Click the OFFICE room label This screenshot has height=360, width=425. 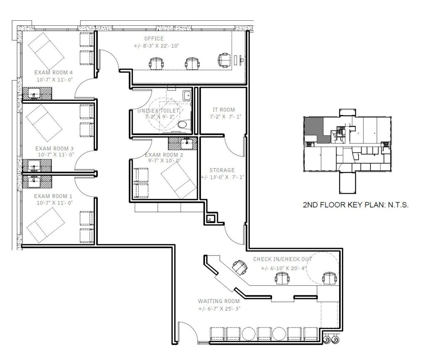coord(154,39)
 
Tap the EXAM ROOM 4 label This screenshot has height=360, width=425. coord(54,73)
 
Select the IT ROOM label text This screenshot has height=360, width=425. coord(224,110)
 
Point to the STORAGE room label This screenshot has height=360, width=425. coord(222,170)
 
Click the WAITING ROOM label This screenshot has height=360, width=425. coord(219,301)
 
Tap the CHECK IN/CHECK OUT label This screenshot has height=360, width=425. coord(282,259)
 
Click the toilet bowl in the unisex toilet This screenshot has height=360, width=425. coord(183,124)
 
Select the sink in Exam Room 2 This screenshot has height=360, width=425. coord(186,144)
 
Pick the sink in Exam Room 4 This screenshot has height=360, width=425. coord(34,93)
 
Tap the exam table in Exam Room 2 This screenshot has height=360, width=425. coord(178,181)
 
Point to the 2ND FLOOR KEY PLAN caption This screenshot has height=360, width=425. coord(356,204)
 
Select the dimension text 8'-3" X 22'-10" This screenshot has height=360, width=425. coord(156,46)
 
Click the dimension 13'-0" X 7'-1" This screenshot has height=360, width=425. coord(223,177)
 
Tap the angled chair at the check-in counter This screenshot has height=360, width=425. coord(239,267)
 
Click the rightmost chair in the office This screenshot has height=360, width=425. coord(225,60)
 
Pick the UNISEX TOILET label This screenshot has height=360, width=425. coord(159,110)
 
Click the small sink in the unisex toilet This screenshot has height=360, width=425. coord(187,95)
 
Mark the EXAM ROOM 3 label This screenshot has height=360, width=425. coord(54,148)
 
